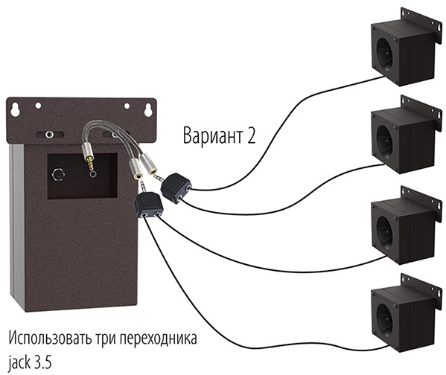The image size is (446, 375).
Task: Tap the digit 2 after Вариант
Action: click(x=251, y=135)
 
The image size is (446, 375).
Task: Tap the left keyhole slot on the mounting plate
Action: click(x=15, y=109)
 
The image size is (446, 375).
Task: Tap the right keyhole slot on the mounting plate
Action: click(x=148, y=109)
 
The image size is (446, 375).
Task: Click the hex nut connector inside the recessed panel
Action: click(x=58, y=174)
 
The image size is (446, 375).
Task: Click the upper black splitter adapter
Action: click(x=176, y=187)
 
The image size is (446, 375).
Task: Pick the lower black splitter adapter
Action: click(x=148, y=205)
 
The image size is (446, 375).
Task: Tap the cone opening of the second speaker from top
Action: click(x=384, y=142)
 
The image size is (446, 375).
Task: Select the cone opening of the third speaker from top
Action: click(x=384, y=233)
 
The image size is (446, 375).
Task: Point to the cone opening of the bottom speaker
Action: click(x=384, y=320)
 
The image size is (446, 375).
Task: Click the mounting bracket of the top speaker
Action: click(x=421, y=25)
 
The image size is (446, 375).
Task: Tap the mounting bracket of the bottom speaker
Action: click(x=421, y=292)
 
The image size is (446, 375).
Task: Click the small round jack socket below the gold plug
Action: click(x=92, y=174)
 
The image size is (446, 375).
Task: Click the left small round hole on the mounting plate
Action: click(x=38, y=106)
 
